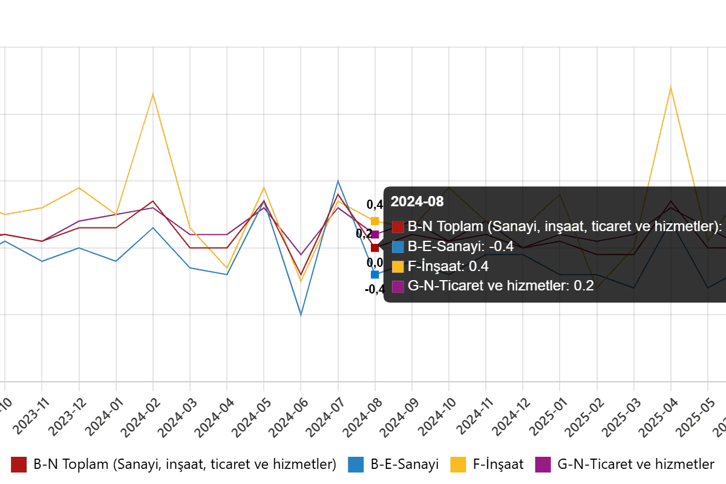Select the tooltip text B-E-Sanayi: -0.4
point(461,246)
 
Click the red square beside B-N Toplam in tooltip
point(398,227)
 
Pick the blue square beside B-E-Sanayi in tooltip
point(398,246)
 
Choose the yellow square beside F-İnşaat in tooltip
point(398,266)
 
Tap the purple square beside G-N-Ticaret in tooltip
point(398,286)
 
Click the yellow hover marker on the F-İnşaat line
point(375,222)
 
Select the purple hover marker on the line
point(375,234)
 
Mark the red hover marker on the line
point(375,247)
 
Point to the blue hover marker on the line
point(375,274)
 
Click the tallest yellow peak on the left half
point(153,94)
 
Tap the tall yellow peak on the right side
point(670,87)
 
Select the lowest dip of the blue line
point(301,315)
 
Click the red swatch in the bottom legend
point(19,464)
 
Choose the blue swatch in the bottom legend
point(355,464)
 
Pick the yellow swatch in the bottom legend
point(459,464)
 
